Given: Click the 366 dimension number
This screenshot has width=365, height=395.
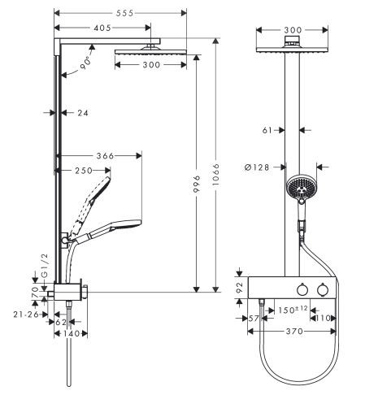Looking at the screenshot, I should pos(105,156).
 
